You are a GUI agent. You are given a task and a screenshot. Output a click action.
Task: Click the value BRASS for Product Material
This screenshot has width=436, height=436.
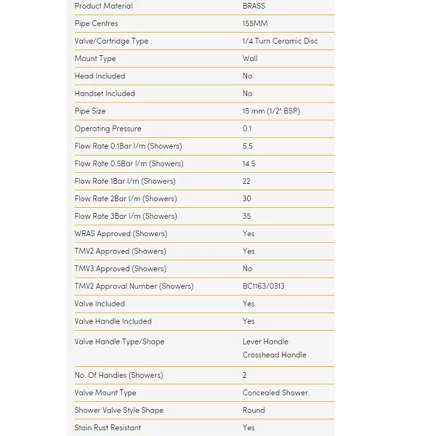254,6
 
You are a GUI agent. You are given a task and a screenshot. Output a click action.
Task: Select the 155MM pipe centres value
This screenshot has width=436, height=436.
255,23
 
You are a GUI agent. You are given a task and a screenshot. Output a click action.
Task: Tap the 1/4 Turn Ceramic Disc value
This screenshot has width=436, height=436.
280,41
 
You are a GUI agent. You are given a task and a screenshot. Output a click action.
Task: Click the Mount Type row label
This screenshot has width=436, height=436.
95,58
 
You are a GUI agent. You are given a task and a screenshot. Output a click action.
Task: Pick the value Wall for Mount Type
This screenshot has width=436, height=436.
250,58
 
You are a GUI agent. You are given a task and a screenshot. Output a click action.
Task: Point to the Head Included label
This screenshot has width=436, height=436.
100,76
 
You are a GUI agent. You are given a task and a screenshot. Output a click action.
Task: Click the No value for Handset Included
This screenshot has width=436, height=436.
248,93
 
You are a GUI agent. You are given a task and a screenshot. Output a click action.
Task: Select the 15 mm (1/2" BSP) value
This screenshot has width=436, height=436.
271,111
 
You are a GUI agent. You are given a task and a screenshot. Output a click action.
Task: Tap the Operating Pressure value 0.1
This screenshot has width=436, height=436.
247,129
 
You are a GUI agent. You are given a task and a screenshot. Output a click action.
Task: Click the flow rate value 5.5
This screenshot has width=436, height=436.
248,146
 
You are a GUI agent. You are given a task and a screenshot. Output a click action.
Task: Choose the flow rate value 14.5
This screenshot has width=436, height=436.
249,163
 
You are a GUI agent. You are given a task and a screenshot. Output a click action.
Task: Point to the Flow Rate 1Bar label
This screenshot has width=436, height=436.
125,181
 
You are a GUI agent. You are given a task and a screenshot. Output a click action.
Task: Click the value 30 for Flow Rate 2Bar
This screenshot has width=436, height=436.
247,198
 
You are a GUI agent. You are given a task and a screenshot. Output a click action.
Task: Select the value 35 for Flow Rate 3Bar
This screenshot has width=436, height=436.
247,216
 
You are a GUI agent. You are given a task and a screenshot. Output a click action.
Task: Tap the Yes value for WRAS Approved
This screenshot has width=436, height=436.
249,233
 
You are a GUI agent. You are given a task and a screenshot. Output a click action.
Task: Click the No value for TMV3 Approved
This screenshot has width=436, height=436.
248,269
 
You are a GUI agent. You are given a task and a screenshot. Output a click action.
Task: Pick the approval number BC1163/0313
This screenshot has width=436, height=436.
264,286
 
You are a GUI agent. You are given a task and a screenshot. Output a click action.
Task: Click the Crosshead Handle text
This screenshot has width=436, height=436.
275,355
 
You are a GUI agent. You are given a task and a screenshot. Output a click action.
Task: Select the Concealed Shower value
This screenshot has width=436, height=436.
275,392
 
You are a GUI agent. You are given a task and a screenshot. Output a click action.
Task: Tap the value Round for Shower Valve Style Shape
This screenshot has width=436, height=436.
254,410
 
